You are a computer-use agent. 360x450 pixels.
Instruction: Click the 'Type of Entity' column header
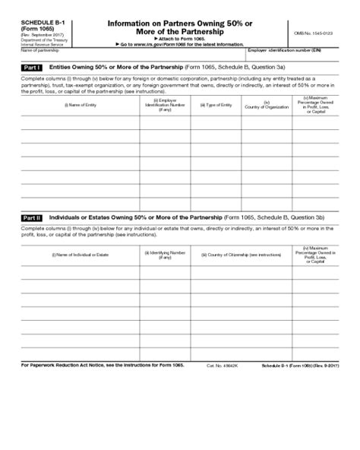[x=216, y=104]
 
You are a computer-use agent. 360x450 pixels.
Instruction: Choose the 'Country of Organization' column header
[x=266, y=104]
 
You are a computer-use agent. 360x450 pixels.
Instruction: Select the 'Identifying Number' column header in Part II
[x=166, y=255]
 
